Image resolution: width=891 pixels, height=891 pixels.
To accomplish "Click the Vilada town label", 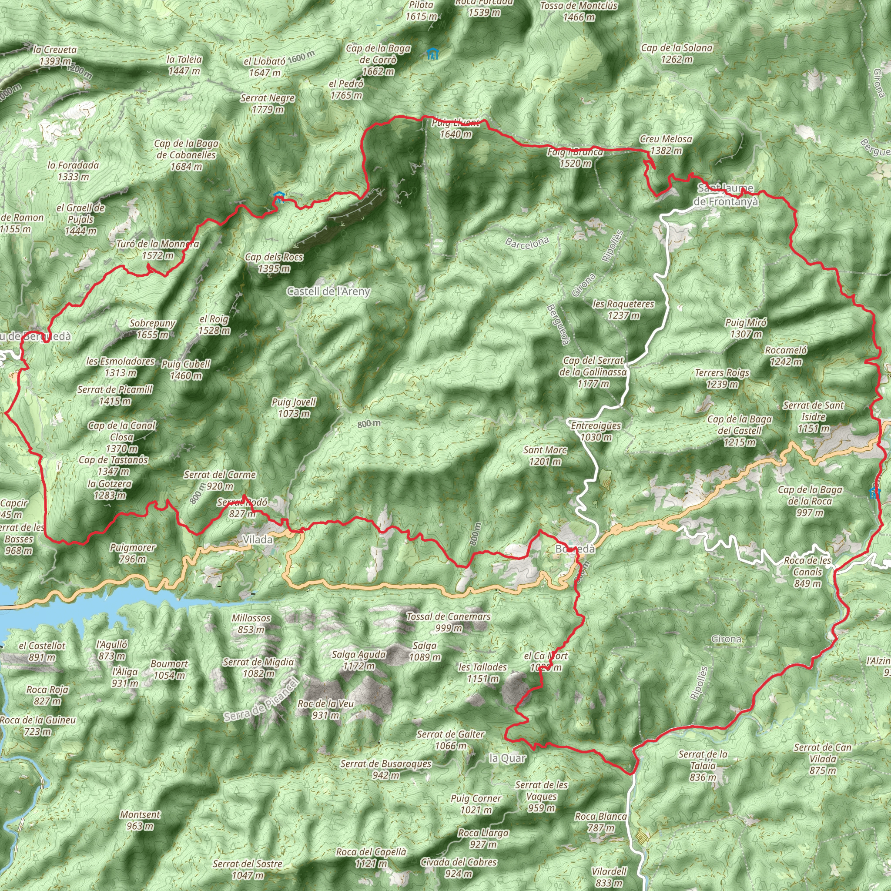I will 258,539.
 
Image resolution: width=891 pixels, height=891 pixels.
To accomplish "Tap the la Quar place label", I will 507,758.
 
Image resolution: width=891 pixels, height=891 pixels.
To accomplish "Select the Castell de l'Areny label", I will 328,291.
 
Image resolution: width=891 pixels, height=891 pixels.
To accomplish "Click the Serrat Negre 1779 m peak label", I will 268,104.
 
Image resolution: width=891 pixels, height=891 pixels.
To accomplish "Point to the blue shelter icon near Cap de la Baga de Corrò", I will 432,54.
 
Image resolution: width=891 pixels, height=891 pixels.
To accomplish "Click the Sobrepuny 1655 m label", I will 152,329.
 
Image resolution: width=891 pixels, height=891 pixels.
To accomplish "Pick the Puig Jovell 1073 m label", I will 294,408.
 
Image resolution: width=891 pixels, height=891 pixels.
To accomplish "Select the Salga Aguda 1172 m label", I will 359,660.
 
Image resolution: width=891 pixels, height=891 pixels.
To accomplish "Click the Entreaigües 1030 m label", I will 596,431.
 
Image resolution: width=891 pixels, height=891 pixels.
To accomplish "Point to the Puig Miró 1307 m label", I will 746,328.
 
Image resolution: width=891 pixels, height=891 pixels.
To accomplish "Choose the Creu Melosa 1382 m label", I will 666,145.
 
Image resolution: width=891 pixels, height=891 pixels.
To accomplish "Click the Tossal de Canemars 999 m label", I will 448,622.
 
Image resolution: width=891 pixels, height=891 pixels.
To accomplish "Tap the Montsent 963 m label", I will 140,820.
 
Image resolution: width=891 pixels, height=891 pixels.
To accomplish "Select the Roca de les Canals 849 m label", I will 807,572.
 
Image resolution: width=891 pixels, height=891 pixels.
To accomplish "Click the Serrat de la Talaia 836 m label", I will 703,766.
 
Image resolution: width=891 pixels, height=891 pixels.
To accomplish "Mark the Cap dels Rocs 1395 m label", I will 274,262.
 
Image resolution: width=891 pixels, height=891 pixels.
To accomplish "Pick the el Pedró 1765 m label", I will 346,90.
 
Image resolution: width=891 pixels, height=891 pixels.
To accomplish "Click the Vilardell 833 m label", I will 609,877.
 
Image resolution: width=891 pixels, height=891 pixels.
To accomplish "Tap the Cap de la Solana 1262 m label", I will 677,54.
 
